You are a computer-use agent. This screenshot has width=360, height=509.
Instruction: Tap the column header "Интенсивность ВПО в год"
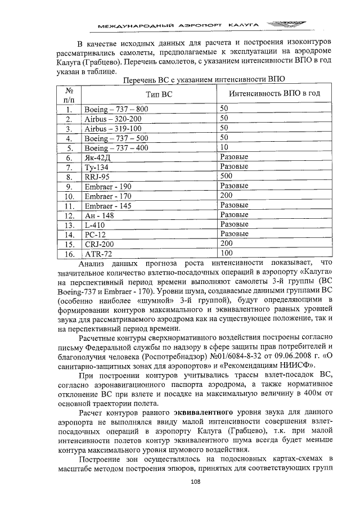pos(270,93)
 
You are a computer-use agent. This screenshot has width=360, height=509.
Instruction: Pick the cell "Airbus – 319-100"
pos(112,129)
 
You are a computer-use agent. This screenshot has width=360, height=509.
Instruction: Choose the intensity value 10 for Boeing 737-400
pos(224,147)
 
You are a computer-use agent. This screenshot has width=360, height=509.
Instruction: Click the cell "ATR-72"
pos(98,254)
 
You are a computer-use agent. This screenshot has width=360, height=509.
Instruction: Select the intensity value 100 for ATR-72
pos(227,254)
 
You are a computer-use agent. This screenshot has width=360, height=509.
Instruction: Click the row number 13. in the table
pos(69,226)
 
